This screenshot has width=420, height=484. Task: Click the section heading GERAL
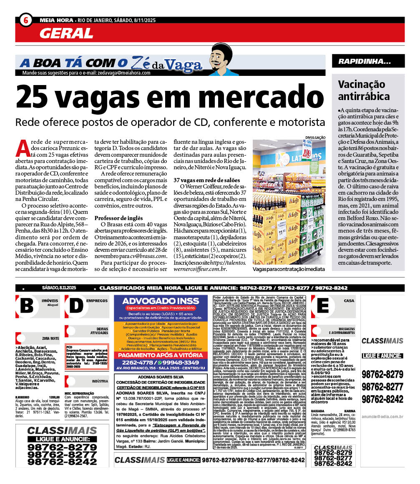[67, 33]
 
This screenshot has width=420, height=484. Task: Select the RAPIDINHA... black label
[365, 62]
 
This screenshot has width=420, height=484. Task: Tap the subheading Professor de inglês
[118, 218]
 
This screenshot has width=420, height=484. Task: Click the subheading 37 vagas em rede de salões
[207, 180]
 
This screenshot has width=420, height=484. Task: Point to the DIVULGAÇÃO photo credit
[315, 137]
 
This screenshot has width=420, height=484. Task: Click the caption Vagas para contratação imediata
[289, 269]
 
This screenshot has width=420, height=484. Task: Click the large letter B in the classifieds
[27, 306]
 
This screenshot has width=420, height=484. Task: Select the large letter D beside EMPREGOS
[76, 306]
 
